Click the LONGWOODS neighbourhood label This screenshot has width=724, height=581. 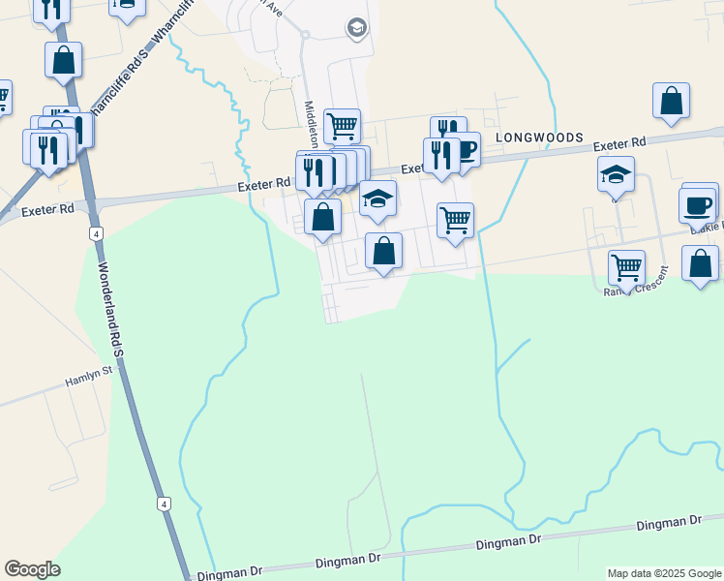tap(540, 138)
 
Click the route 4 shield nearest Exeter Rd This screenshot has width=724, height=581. tap(95, 233)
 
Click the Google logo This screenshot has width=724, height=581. tap(32, 569)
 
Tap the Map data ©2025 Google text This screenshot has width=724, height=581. tap(664, 573)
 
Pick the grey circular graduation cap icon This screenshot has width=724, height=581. tap(356, 28)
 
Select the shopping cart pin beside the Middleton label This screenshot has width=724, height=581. tap(342, 126)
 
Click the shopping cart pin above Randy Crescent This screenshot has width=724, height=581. tap(626, 266)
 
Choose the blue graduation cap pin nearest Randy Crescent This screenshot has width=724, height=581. tap(616, 174)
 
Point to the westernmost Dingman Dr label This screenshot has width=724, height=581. tap(226, 574)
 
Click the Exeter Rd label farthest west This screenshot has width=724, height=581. tap(46, 208)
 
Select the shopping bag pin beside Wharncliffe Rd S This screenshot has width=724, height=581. tap(63, 60)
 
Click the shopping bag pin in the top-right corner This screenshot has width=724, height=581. tap(671, 101)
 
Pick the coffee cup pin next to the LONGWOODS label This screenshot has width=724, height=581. tap(466, 150)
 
